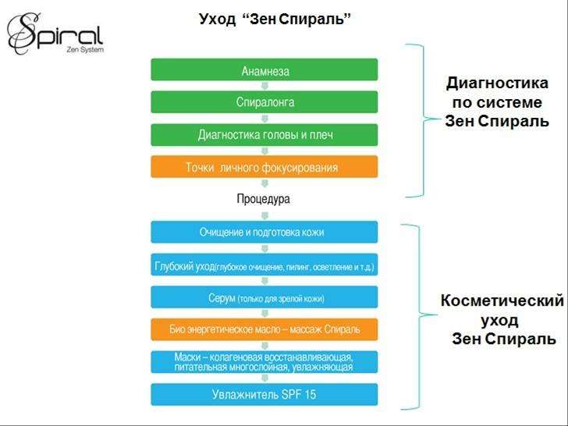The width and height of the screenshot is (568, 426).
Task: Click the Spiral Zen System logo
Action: (x=55, y=34)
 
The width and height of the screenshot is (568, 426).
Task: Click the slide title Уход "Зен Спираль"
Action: (x=275, y=19)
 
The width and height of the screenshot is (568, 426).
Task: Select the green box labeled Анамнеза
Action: (x=264, y=69)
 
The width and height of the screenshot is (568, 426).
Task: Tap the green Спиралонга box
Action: (x=264, y=102)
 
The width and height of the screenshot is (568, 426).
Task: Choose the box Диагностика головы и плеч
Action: (x=264, y=135)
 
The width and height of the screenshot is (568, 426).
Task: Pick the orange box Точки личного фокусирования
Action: (x=264, y=167)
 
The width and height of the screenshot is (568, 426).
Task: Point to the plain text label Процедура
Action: (x=264, y=199)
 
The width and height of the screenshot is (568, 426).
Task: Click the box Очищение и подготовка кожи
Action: (x=264, y=232)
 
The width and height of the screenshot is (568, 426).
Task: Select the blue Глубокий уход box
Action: (x=264, y=264)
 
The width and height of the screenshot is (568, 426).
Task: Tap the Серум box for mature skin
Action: (x=264, y=297)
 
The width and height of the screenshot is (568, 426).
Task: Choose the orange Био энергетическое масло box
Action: (x=264, y=329)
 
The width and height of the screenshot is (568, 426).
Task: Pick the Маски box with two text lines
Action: (x=264, y=362)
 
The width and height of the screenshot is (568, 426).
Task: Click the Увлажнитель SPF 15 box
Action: (x=264, y=395)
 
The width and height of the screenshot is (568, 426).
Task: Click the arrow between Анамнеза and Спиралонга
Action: (x=264, y=86)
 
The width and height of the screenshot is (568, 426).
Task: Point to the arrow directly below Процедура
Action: (x=264, y=215)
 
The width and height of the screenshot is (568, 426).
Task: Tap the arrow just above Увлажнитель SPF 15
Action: (x=264, y=378)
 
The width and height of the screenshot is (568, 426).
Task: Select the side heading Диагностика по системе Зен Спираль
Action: (x=497, y=102)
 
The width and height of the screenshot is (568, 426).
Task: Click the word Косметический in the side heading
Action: (x=502, y=300)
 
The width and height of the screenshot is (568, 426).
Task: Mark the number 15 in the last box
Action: (x=310, y=395)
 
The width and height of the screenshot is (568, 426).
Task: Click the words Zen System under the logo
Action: (x=85, y=50)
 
